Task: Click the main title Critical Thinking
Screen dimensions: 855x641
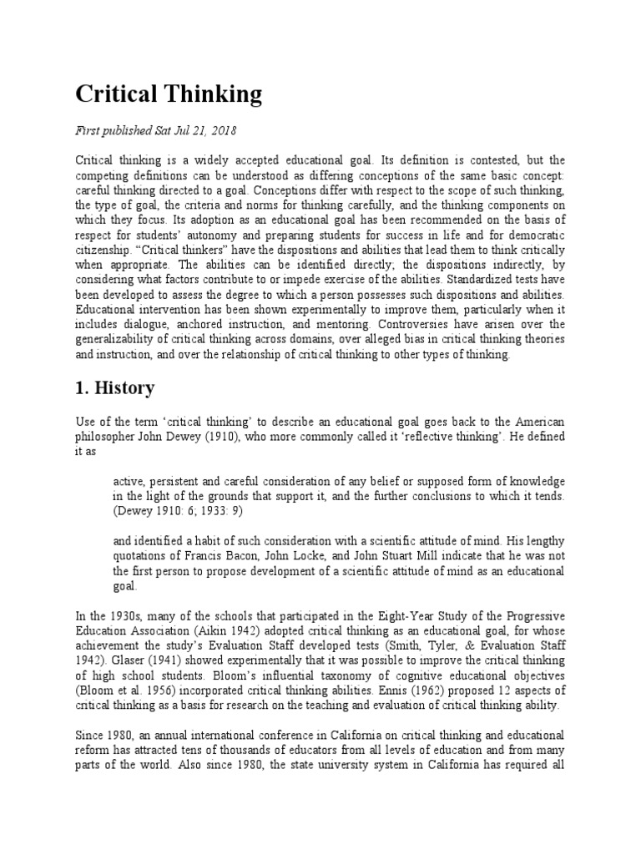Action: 169,94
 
